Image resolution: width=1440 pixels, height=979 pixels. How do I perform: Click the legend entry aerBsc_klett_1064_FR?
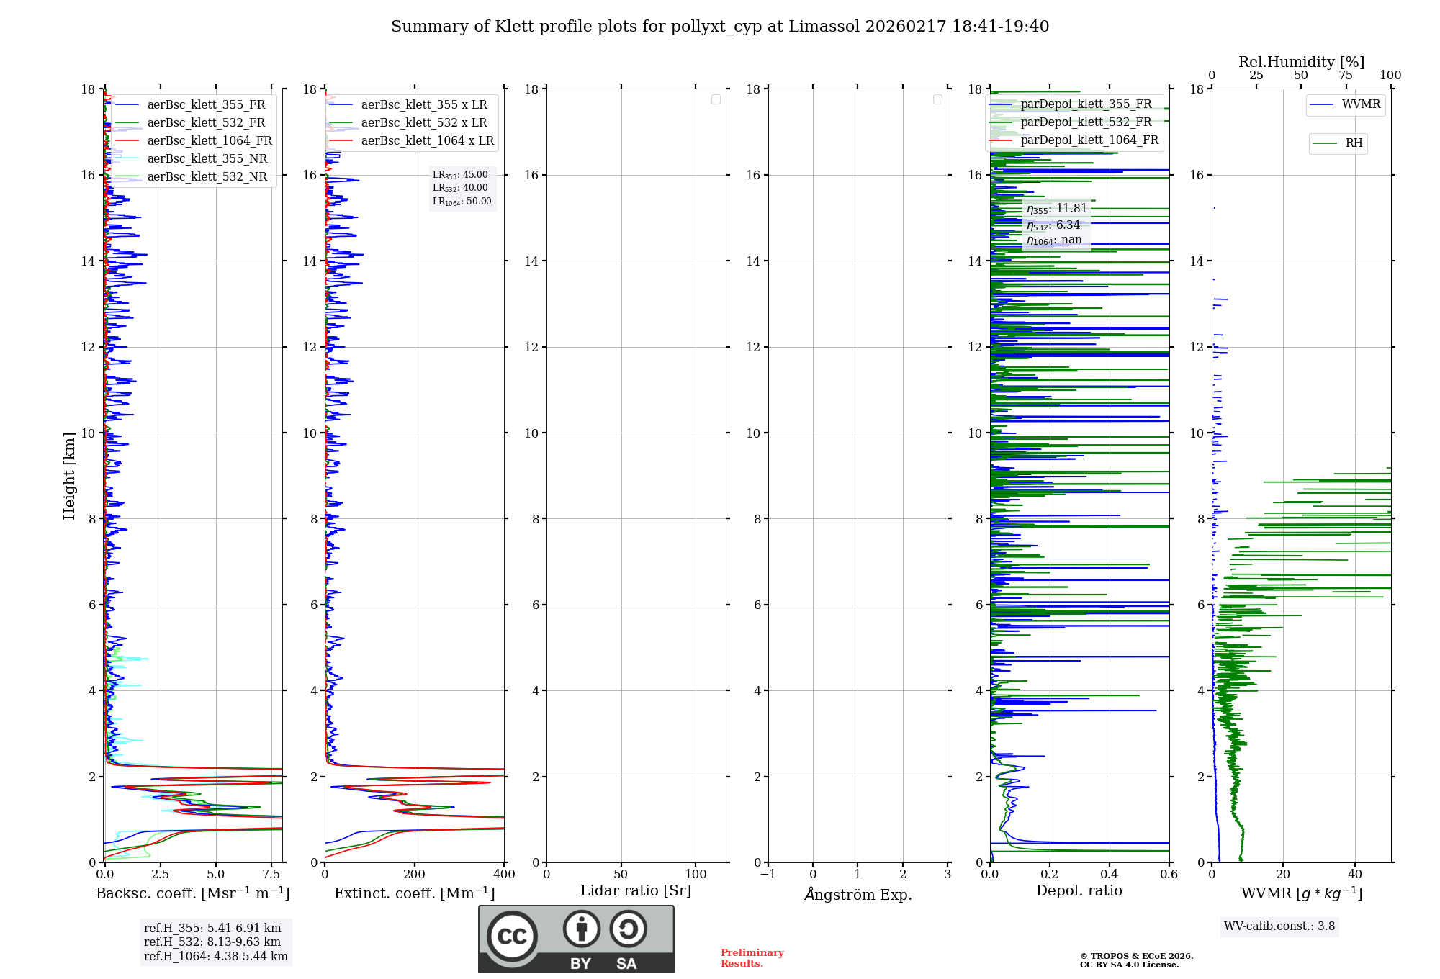(210, 140)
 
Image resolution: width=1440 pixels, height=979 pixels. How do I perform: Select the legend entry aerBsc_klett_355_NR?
(207, 158)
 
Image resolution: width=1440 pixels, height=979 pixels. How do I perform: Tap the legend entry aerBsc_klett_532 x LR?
(423, 122)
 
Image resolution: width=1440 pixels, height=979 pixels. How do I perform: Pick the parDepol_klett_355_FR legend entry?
(1086, 104)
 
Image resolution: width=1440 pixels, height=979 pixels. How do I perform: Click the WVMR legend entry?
(1361, 104)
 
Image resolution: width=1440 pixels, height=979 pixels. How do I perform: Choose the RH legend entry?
(1354, 143)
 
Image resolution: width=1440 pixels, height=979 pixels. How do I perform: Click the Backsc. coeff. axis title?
(192, 893)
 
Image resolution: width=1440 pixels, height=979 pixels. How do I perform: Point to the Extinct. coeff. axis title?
(414, 893)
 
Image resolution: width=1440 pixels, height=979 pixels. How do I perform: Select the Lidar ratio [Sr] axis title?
(635, 890)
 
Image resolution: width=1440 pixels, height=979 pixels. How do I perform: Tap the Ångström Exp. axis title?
(858, 894)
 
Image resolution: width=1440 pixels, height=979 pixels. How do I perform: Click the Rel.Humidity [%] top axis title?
(1301, 62)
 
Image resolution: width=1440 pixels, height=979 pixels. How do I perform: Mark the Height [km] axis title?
(69, 475)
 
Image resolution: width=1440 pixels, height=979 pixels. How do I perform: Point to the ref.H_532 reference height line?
(212, 942)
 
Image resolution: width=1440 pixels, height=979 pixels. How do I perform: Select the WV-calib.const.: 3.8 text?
(1279, 926)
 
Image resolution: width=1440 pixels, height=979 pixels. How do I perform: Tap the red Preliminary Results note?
(752, 958)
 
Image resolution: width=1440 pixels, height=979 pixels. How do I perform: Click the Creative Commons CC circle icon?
(512, 936)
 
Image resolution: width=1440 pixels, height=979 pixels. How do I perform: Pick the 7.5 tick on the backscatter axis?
(271, 874)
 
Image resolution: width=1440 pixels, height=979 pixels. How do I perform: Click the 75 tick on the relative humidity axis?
(1345, 76)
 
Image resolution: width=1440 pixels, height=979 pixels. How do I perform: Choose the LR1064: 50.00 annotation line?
(462, 202)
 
